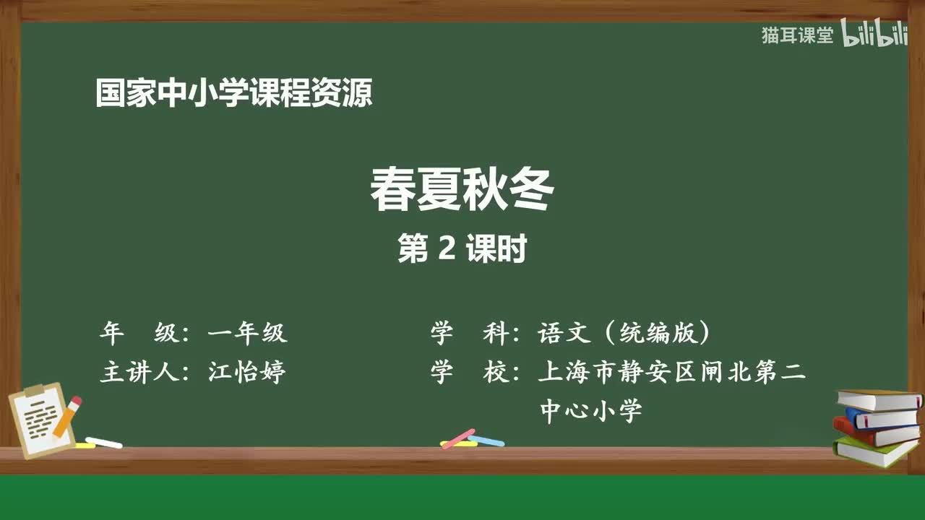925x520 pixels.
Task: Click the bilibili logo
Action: coord(874,35)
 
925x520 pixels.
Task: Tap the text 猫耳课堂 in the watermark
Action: coord(797,35)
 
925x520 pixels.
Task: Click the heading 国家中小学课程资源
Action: coord(234,94)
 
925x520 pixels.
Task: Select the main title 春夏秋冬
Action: coord(462,191)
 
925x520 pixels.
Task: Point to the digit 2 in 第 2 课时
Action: coord(447,249)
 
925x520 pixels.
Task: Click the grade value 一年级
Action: coord(247,333)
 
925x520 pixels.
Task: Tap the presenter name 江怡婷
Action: coord(247,373)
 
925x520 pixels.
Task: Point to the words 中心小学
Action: coord(591,412)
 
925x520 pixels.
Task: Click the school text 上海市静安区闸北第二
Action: coord(671,373)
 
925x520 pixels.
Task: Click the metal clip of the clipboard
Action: coord(36,391)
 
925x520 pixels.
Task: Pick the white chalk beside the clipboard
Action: coord(103,442)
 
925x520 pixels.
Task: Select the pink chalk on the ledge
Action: coord(457,438)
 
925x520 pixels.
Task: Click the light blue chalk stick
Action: coord(486,441)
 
